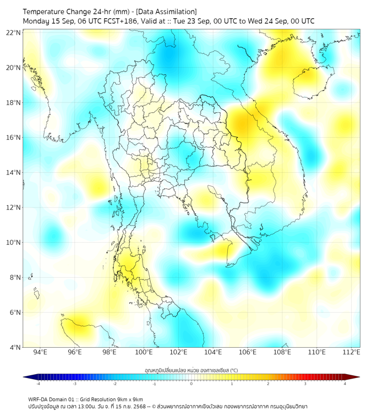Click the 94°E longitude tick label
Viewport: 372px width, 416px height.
pos(40,352)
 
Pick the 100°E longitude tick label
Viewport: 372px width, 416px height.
pos(144,352)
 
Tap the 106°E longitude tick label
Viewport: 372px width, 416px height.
pos(248,352)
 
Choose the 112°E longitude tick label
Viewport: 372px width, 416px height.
pos(351,352)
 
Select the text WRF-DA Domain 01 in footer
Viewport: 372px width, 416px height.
pos(53,399)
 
